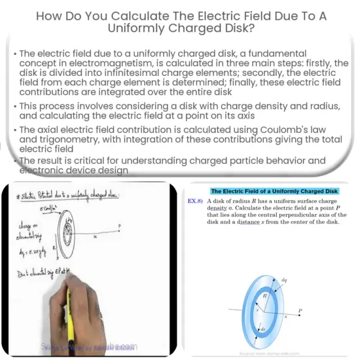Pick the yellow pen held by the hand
[70, 313]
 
